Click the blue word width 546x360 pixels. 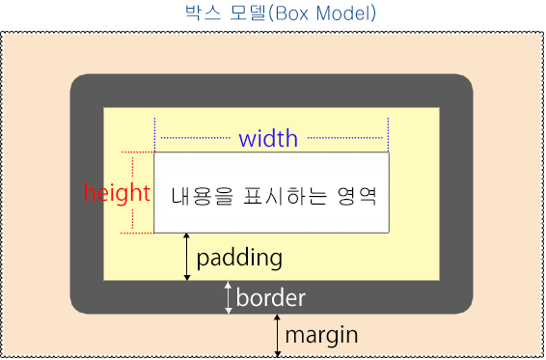[268, 138]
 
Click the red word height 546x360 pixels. [117, 192]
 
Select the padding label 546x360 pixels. [239, 258]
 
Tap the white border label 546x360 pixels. [270, 297]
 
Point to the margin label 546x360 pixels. [321, 336]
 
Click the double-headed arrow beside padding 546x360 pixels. [187, 257]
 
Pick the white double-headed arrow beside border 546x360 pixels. [229, 297]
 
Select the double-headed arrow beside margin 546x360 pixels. [278, 335]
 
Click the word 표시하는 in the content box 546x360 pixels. [280, 194]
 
